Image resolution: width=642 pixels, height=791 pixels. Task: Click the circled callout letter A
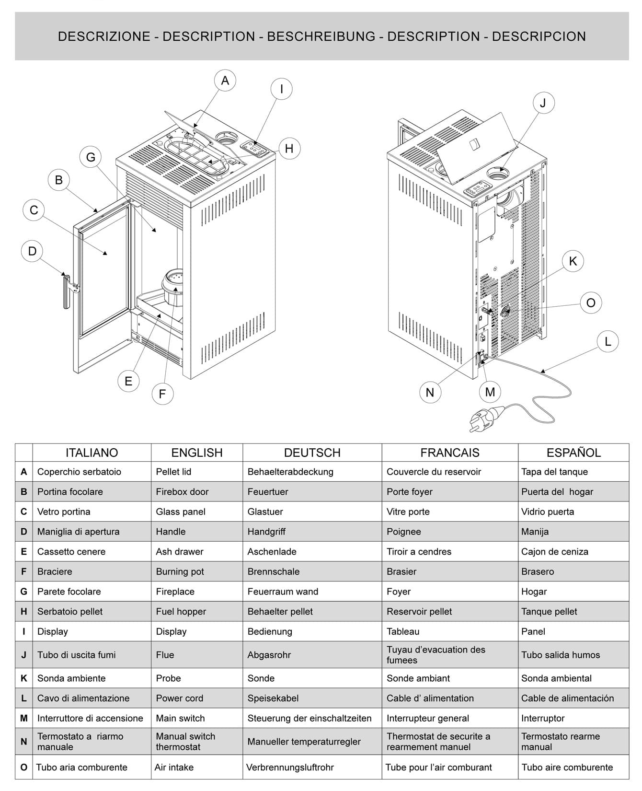(x=225, y=81)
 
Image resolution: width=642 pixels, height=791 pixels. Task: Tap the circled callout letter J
(x=543, y=103)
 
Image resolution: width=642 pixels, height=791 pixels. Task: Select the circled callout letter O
(x=591, y=303)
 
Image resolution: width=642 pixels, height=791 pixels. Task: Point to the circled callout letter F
(x=162, y=394)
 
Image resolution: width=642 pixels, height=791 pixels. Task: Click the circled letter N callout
(x=430, y=393)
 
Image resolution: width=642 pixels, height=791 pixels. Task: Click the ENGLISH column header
(x=197, y=453)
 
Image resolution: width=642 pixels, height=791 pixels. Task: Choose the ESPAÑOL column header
(x=573, y=453)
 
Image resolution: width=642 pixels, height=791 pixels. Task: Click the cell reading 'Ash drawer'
(x=180, y=552)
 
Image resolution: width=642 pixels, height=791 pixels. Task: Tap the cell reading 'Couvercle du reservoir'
(x=434, y=472)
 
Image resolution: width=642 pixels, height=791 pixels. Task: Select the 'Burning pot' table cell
(x=180, y=572)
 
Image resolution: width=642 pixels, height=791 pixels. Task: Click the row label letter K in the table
(x=24, y=678)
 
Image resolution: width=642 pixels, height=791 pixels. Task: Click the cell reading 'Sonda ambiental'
(x=556, y=678)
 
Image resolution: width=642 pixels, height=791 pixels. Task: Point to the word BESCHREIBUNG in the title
(x=321, y=36)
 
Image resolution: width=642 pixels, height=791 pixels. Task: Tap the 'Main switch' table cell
(x=180, y=718)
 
